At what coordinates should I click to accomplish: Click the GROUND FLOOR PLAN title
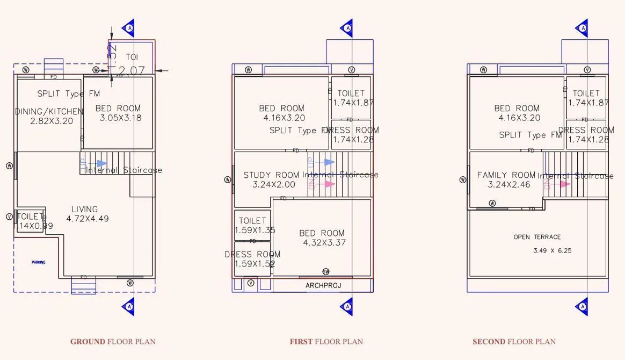(113, 341)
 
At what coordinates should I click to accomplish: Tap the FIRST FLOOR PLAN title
(326, 341)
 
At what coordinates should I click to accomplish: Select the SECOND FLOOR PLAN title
(514, 341)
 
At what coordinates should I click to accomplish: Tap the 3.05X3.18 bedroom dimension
(121, 118)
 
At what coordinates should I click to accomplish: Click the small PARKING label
(38, 262)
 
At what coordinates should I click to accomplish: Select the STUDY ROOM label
(271, 175)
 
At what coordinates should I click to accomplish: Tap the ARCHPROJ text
(323, 285)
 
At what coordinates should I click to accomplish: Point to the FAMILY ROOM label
(506, 175)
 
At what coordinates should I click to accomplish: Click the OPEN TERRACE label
(537, 237)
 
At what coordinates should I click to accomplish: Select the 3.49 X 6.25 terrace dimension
(553, 250)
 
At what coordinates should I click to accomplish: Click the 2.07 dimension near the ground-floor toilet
(130, 70)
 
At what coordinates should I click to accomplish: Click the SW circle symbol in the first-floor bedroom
(325, 271)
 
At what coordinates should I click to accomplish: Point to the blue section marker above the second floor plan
(583, 27)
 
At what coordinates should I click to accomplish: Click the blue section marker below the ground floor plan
(128, 306)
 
